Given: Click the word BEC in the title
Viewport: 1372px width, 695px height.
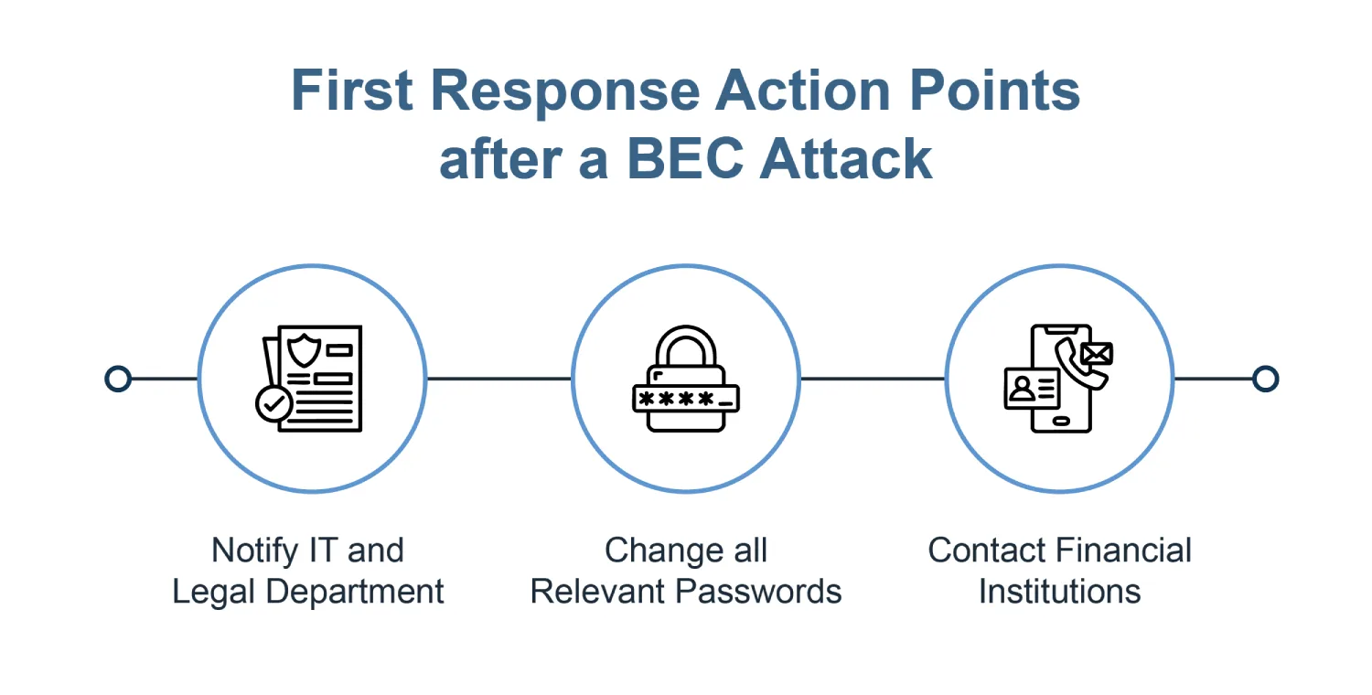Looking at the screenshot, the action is [x=685, y=158].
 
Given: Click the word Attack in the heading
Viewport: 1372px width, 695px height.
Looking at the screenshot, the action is [x=846, y=158].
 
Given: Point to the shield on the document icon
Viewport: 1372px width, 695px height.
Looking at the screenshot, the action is [x=304, y=351].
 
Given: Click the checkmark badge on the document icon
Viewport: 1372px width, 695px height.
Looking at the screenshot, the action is [x=273, y=403].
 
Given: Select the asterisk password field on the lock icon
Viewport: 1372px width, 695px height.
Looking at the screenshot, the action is [x=685, y=400].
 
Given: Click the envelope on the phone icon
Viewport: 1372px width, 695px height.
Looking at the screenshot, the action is [x=1097, y=353].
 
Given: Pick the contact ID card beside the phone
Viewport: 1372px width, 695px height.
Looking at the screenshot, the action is [x=1032, y=388].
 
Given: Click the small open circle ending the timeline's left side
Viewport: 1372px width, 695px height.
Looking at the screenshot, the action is [x=118, y=379].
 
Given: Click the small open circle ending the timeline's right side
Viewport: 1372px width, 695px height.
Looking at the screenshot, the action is [x=1265, y=379].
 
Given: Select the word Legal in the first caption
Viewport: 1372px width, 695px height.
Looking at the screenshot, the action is [x=213, y=593].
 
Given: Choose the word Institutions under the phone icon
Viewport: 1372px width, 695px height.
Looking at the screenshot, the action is [x=1059, y=592].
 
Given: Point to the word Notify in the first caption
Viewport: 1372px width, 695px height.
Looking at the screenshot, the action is [x=255, y=551].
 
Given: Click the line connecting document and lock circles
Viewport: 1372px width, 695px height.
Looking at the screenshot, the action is [x=499, y=379].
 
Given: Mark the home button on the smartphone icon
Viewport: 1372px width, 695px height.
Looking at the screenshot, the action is [x=1061, y=422].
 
